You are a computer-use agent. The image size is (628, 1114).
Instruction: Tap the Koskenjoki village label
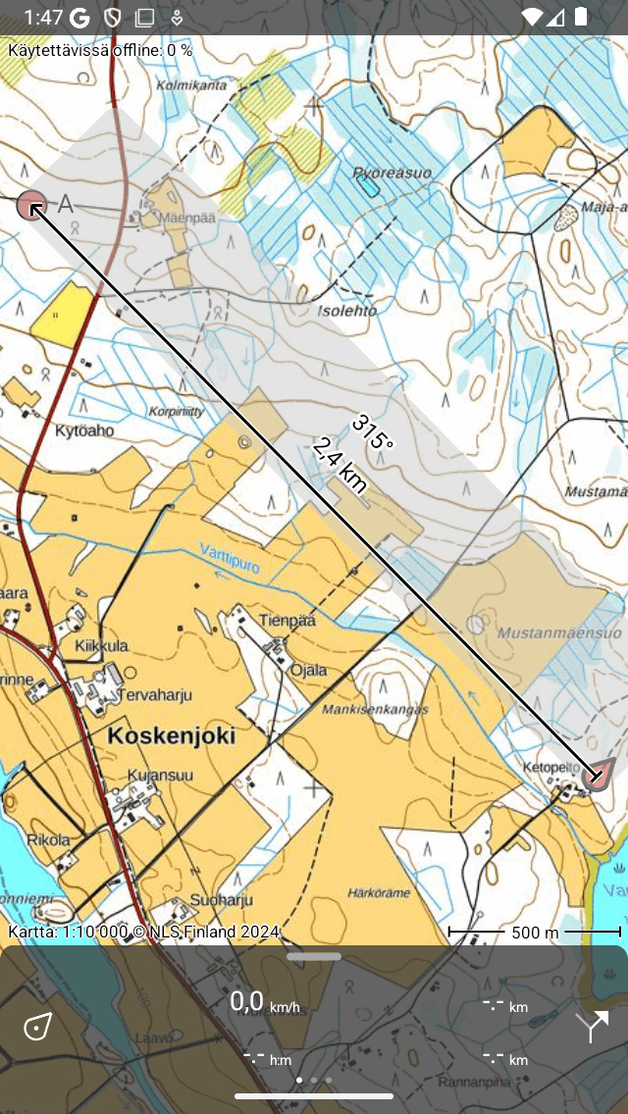172,735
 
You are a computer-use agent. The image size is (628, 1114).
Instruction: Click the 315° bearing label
372,431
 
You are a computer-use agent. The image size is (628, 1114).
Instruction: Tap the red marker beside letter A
31,206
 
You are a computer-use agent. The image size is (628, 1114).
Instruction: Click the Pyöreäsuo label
392,173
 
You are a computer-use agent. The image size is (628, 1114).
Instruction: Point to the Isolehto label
347,311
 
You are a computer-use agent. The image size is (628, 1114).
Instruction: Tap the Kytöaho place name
84,430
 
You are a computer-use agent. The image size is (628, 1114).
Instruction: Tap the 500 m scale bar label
535,933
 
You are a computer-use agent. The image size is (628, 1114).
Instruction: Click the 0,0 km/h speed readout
264,1002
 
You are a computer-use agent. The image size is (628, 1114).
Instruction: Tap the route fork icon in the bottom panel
592,1026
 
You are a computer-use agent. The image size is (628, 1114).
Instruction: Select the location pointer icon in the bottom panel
37,1027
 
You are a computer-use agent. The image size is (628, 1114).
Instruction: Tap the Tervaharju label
155,695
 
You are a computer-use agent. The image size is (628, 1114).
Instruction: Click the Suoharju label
223,899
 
